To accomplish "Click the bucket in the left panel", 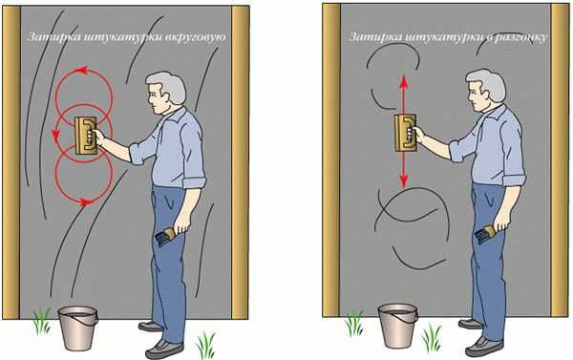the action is point(78,328).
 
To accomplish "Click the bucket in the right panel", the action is point(397,326).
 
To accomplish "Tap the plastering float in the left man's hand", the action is point(86,136).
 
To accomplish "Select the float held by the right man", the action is point(405,133).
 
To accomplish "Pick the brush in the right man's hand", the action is point(486,233).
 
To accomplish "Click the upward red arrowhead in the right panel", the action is point(403,81).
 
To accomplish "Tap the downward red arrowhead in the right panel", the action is point(403,180).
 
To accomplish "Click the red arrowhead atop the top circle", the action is point(83,70).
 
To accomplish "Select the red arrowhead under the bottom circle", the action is point(86,201).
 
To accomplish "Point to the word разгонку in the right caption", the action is point(521,37).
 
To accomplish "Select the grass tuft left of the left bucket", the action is point(42,322).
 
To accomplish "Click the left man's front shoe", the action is point(164,349).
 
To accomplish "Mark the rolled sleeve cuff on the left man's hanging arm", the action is point(194,182).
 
